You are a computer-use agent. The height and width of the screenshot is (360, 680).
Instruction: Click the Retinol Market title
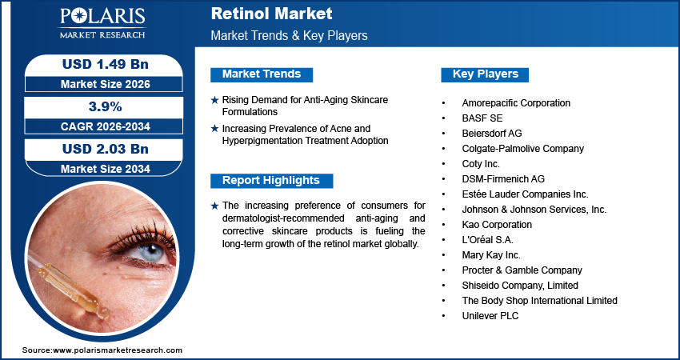point(271,14)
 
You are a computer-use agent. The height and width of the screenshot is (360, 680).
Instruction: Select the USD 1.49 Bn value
point(98,65)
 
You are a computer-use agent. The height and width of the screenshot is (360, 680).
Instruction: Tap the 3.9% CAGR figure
point(99,106)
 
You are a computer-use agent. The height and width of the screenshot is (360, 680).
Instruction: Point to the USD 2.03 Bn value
point(98,149)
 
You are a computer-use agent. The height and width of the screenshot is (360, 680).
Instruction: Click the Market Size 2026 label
point(98,84)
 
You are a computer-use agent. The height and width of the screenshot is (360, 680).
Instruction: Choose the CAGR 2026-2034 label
point(98,126)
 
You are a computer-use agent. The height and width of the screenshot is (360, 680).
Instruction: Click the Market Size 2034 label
point(98,169)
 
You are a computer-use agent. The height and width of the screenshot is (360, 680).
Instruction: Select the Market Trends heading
point(262,74)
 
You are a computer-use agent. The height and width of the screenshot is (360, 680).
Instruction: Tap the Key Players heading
point(485,74)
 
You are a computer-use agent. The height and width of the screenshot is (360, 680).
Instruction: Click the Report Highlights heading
point(270,181)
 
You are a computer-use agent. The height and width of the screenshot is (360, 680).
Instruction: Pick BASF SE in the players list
point(482,118)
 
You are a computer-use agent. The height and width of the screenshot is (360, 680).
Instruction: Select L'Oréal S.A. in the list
point(487,239)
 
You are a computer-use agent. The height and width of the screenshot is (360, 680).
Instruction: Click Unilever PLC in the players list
point(490,316)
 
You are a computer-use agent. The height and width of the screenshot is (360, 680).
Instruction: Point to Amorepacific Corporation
point(516,103)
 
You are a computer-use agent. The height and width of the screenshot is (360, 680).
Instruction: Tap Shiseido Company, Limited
point(519,286)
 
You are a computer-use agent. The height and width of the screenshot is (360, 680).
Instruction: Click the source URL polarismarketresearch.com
point(102,350)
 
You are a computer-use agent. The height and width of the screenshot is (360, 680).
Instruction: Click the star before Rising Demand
point(214,100)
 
